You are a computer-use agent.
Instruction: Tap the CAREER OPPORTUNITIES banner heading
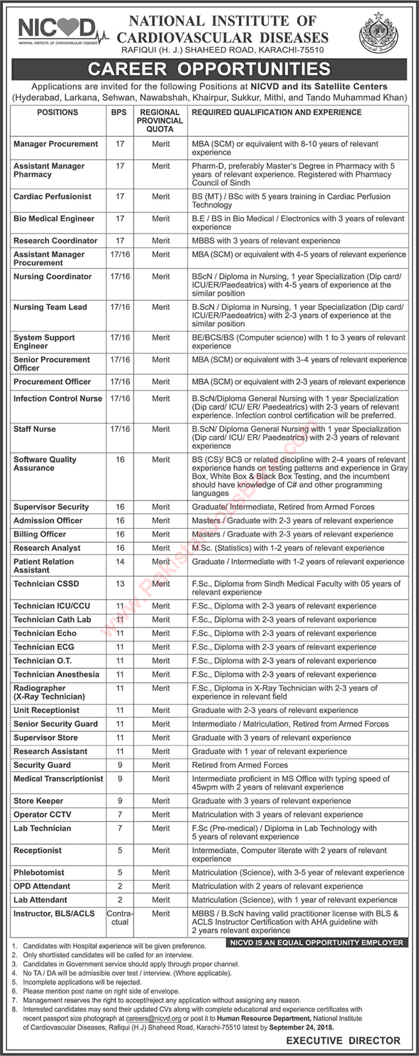[x=209, y=69]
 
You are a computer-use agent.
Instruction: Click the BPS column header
[x=119, y=112]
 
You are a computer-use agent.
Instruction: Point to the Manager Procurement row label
[x=56, y=144]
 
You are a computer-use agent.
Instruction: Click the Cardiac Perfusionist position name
[x=52, y=196]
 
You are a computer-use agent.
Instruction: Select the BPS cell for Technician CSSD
[x=119, y=584]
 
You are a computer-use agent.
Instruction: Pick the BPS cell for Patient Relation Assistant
[x=119, y=562]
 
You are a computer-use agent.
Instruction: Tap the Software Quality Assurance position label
[x=45, y=464]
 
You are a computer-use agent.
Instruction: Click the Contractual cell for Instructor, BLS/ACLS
[x=119, y=918]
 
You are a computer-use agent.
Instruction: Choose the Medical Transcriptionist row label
[x=58, y=779]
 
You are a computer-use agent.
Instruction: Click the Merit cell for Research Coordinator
[x=161, y=241]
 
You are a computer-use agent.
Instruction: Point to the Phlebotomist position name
[x=39, y=873]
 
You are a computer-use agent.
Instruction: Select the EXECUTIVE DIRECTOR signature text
[x=343, y=1040]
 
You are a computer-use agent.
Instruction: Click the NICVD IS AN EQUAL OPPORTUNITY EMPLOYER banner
[x=316, y=943]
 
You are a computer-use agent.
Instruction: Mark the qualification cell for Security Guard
[x=240, y=765]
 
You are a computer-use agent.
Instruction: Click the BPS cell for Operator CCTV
[x=119, y=814]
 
